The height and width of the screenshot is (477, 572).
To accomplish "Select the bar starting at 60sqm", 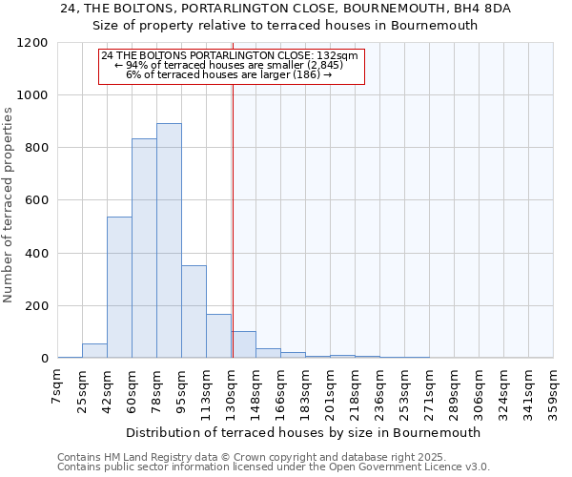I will [144, 248].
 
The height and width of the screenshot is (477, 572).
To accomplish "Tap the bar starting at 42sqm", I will [119, 287].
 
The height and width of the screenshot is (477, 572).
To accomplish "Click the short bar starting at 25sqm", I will [94, 350].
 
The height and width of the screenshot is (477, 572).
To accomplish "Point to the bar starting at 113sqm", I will [218, 336].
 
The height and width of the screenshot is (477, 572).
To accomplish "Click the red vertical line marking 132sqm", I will [233, 219].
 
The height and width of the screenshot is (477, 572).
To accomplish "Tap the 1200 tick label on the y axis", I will [32, 43].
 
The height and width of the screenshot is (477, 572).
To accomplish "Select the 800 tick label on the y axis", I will [36, 148].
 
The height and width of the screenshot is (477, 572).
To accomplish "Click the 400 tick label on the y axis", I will [36, 254].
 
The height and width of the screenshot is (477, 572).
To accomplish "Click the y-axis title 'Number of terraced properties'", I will [9, 205].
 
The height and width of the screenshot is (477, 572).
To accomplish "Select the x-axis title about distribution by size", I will [304, 432].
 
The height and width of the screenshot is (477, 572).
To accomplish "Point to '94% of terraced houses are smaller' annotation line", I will [229, 65].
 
